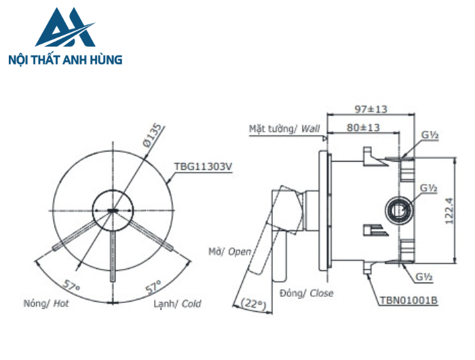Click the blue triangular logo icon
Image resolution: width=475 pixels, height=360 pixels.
[x=64, y=30]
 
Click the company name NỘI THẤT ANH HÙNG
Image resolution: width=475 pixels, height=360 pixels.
[x=64, y=60]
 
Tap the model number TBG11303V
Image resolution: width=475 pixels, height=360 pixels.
[x=204, y=166]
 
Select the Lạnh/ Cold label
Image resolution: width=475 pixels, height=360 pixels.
[x=177, y=304]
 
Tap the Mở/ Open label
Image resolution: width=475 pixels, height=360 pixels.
[x=231, y=252]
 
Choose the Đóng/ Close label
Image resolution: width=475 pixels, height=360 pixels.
[x=305, y=293]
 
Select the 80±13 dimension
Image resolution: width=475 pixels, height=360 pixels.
[x=362, y=127]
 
